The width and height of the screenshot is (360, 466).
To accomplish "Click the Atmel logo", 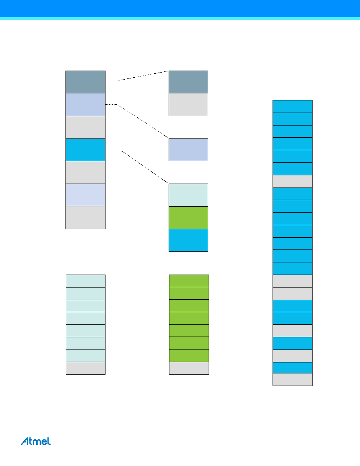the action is [x=36, y=441].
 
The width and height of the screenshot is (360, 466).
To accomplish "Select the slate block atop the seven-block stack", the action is [x=85, y=82].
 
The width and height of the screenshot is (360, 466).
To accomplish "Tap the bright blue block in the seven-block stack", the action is [x=85, y=150].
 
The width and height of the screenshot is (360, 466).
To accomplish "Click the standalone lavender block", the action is [x=188, y=150].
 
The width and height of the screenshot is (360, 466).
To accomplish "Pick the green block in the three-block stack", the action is [x=188, y=218].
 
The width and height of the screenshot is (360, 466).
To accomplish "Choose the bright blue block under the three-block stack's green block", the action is [x=188, y=240].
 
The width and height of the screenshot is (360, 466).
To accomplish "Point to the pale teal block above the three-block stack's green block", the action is [x=188, y=195].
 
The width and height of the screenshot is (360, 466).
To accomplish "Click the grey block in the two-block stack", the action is [x=188, y=105].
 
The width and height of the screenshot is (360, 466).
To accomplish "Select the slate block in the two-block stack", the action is [x=188, y=82].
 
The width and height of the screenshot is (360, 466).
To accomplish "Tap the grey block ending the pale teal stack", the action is [x=85, y=368].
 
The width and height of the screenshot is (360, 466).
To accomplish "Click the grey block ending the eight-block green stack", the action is [x=189, y=368].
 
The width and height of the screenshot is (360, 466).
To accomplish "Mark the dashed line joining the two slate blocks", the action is [x=137, y=76].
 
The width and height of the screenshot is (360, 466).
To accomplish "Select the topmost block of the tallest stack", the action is [x=293, y=106].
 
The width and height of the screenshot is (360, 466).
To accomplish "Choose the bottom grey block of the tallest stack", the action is [x=293, y=380].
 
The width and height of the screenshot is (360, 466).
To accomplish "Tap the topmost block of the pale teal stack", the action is [x=85, y=281].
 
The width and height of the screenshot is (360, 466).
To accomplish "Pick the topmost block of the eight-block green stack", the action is [x=189, y=281].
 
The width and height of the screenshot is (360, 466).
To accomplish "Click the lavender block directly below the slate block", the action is [x=85, y=105].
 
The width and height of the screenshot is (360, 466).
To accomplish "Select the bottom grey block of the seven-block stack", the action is [x=85, y=218].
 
